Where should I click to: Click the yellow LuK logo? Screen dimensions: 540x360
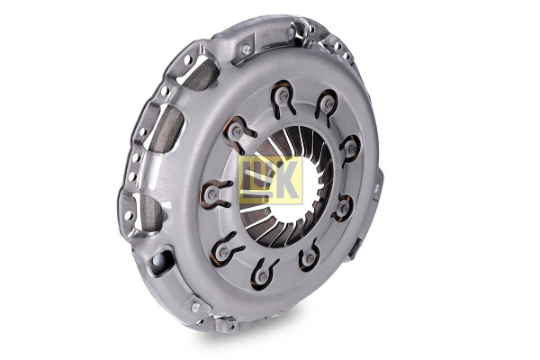[x=270, y=179]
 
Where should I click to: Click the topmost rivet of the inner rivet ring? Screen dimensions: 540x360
[x=283, y=96]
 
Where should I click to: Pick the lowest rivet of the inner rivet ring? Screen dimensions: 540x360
[x=263, y=275]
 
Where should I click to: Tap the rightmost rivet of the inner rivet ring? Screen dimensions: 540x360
[x=351, y=148]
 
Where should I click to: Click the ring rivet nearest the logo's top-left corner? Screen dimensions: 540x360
[x=236, y=131]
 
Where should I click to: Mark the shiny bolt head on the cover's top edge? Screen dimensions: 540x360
[x=247, y=49]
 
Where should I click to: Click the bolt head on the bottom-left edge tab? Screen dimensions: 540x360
[x=195, y=307]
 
